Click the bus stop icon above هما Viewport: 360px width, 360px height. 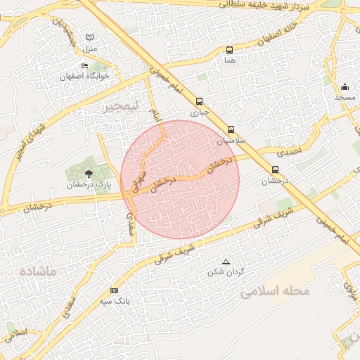(x=229, y=50)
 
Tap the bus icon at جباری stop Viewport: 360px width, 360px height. (x=199, y=101)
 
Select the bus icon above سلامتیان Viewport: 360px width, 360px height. (x=231, y=130)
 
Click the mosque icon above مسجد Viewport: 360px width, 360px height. (x=345, y=87)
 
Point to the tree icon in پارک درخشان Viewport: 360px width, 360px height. (x=88, y=173)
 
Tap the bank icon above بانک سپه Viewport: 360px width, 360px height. (x=114, y=290)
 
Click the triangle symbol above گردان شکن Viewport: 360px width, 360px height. (x=226, y=262)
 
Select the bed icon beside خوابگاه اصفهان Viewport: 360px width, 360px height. (x=84, y=66)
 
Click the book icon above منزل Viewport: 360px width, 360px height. (x=89, y=37)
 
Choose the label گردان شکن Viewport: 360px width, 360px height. (x=226, y=272)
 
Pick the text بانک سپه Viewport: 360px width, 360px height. (x=114, y=301)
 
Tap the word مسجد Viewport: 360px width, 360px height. (x=345, y=97)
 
